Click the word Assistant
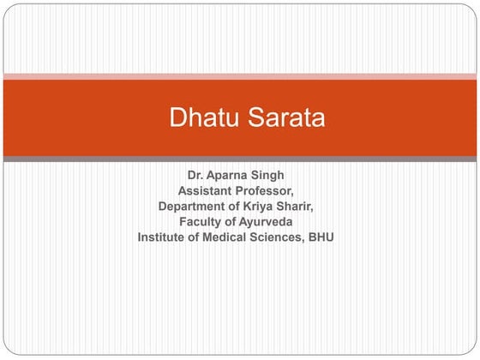pyautogui.click(x=207, y=191)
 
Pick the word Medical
pyautogui.click(x=231, y=237)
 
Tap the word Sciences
pyautogui.click(x=284, y=237)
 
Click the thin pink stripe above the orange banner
pyautogui.click(x=240, y=76)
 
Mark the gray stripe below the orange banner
pyautogui.click(x=240, y=159)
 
